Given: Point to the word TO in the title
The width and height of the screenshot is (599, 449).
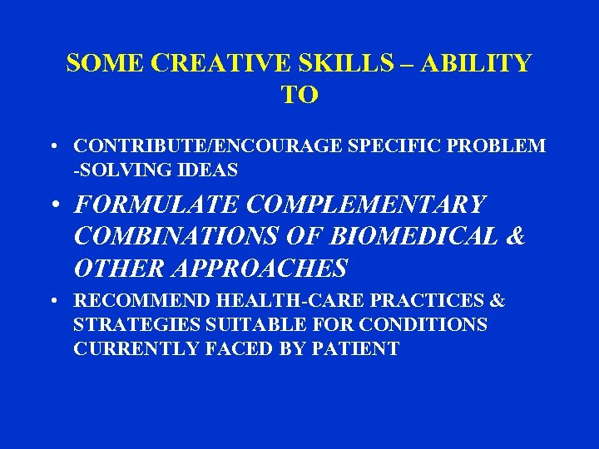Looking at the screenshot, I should [299, 95].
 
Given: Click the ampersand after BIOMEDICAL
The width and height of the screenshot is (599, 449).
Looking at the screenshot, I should [516, 236].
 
